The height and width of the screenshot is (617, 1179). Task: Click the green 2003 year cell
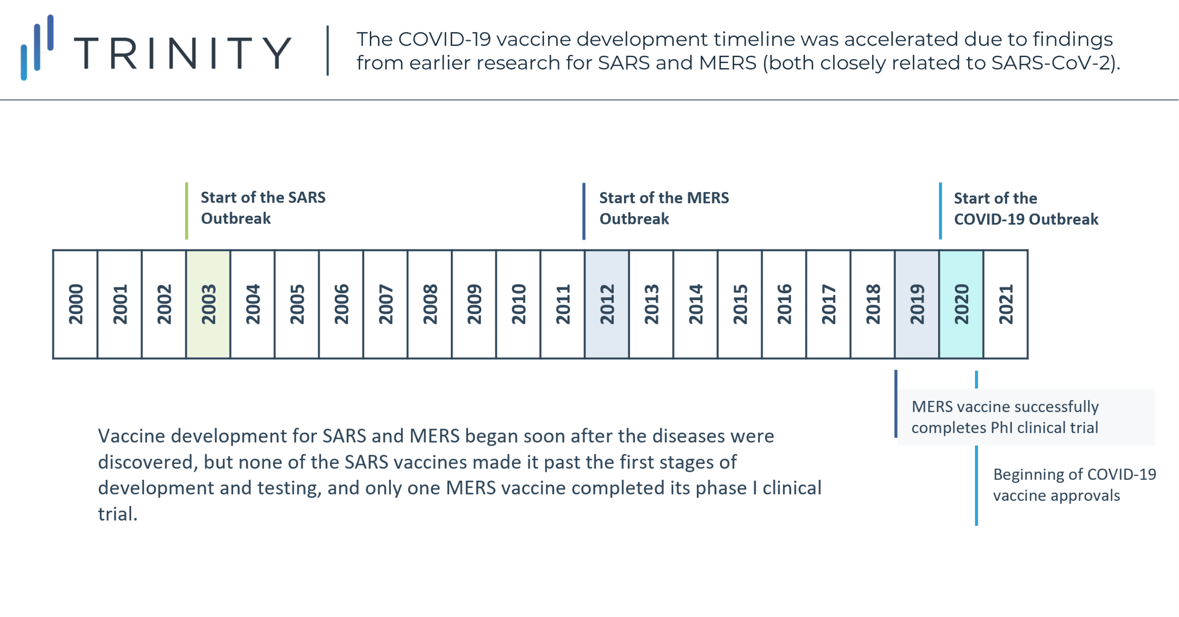tap(208, 304)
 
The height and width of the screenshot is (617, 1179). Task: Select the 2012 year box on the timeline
tap(607, 304)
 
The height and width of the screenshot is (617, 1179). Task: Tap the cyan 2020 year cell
tap(961, 304)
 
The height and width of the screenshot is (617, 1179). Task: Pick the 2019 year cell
tap(917, 304)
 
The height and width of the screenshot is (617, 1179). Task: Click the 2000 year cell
tap(75, 304)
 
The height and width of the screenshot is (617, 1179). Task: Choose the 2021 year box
tap(1005, 304)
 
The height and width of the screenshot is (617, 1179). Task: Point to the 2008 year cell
tap(430, 304)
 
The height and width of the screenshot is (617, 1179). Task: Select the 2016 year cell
tap(784, 304)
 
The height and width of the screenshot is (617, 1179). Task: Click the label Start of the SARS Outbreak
tap(263, 208)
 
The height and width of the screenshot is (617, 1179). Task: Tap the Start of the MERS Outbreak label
tap(664, 208)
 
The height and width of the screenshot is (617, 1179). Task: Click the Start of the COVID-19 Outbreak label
tap(1026, 209)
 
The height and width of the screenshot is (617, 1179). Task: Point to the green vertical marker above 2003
tap(187, 211)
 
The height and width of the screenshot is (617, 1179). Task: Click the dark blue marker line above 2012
tap(584, 211)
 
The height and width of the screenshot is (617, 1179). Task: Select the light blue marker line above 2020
tap(940, 211)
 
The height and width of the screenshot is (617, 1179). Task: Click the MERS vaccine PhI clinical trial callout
tap(1005, 417)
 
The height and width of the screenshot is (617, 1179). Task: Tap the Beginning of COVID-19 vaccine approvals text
tap(1074, 485)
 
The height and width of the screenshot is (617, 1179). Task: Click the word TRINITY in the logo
tap(183, 53)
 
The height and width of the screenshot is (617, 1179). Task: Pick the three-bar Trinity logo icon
tap(37, 47)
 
